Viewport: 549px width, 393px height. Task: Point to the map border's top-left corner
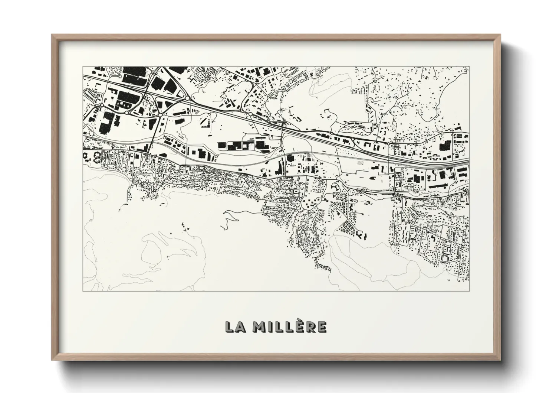click(83, 67)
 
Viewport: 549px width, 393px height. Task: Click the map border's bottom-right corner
click(469, 290)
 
